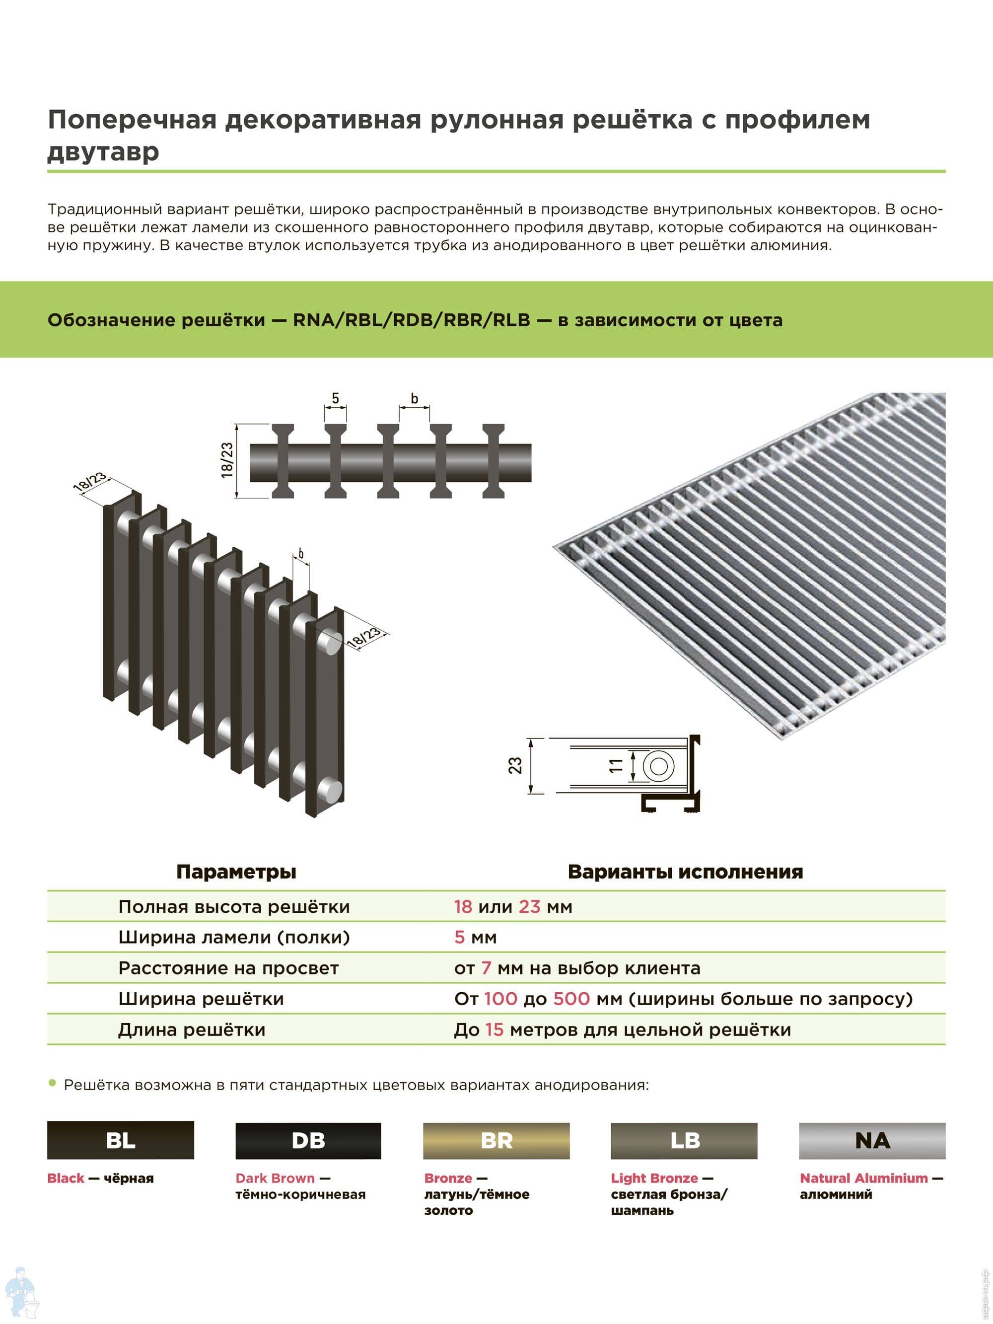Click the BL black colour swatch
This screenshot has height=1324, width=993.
coord(120,1140)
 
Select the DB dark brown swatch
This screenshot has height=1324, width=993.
coord(308,1140)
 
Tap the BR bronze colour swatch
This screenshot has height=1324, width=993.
coord(496,1140)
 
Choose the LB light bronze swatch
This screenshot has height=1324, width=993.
coord(684,1140)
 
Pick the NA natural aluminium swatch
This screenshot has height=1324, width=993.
coord(872,1140)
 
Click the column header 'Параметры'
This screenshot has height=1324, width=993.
coord(236,872)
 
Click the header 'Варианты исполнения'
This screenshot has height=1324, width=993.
coord(685,872)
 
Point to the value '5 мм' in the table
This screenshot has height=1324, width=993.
coord(475,937)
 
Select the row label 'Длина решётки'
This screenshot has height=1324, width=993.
coord(192,1030)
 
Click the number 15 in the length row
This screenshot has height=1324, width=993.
coord(495,1030)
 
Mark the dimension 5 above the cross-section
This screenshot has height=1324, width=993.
coord(335,398)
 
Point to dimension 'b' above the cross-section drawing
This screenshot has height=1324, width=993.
coord(414,398)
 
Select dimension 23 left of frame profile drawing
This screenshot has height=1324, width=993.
coord(515,766)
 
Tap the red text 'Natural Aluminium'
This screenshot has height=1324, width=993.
coord(864,1178)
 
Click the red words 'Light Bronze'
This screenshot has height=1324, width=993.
coord(654,1178)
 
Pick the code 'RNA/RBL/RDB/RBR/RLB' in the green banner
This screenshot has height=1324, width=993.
coord(411,320)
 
